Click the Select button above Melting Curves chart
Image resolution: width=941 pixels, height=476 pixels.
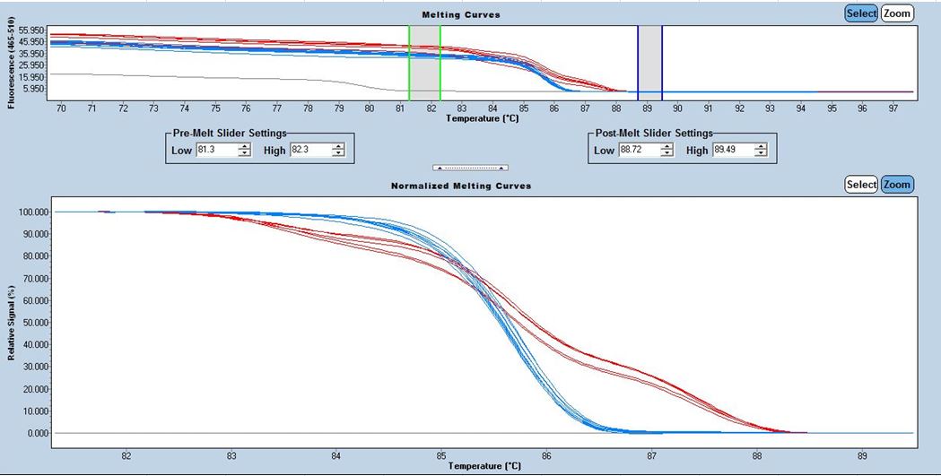tap(861, 13)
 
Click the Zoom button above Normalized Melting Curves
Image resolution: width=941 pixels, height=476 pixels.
tap(897, 185)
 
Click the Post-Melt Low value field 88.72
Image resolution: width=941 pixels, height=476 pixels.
tap(639, 151)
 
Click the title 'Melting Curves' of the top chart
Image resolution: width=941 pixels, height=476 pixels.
tap(462, 15)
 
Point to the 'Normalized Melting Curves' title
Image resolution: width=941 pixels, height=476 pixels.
tap(461, 186)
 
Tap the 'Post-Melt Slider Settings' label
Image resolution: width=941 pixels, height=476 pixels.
tap(655, 134)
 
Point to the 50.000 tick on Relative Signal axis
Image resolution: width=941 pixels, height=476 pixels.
tap(33, 323)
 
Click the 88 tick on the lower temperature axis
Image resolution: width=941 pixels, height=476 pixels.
tap(757, 454)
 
